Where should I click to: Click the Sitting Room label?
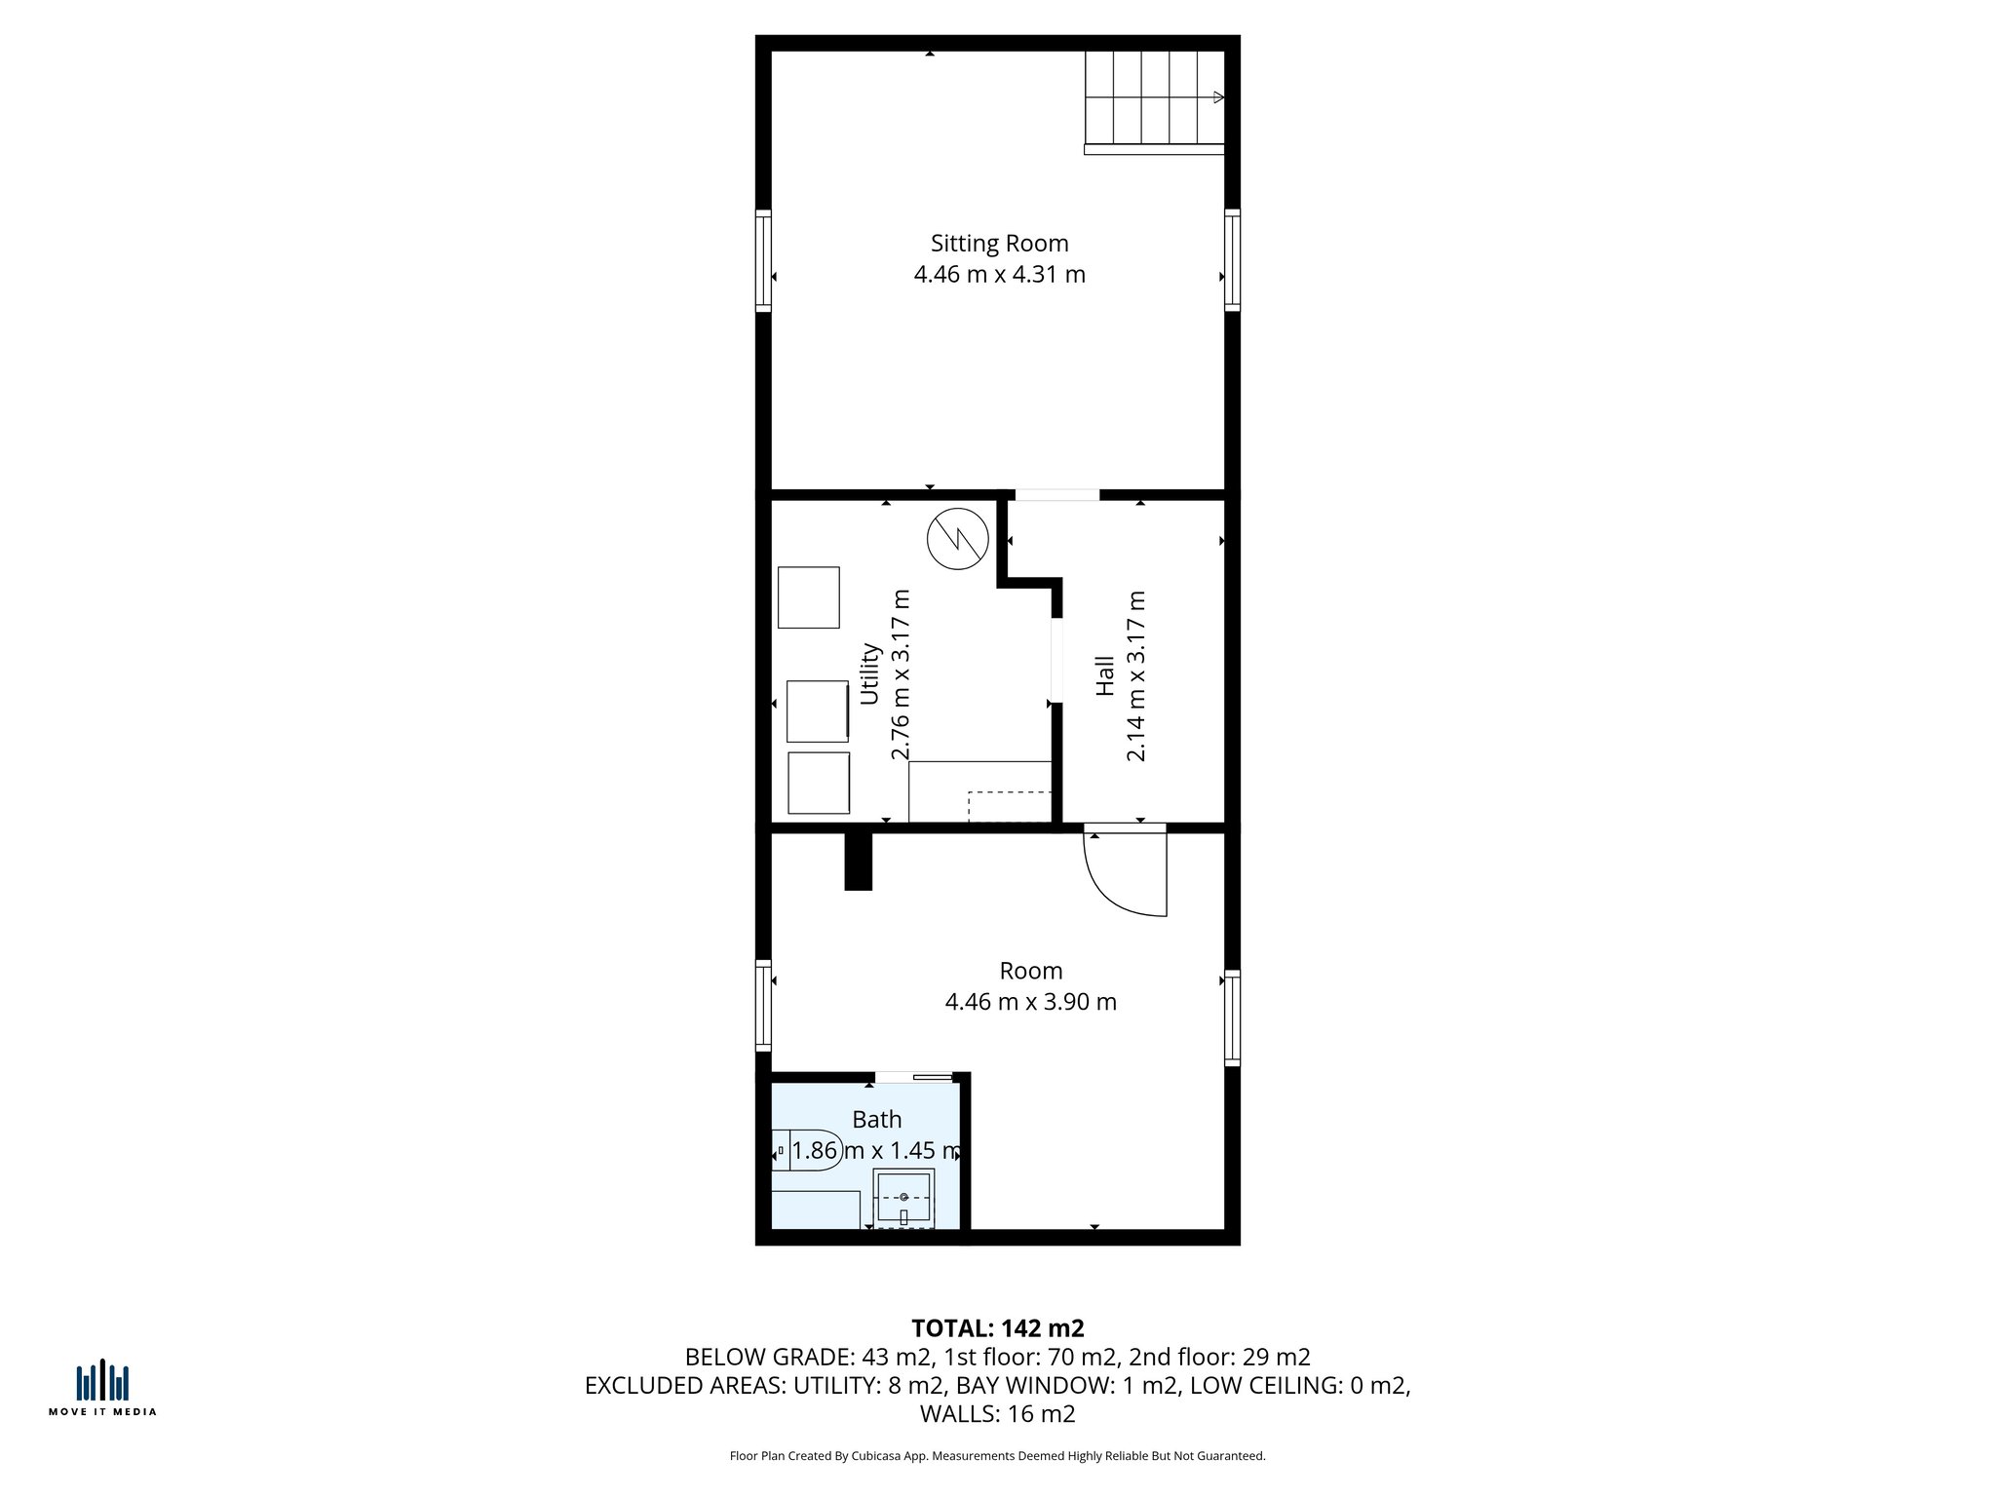coord(999,244)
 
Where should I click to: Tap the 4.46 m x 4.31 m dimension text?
coord(999,275)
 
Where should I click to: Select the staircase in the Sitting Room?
coord(1155,97)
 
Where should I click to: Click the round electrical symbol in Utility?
coord(957,538)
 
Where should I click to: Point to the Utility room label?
coord(869,672)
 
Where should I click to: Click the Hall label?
coord(1104,675)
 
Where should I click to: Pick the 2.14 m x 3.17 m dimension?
coord(1135,675)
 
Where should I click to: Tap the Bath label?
coord(876,1120)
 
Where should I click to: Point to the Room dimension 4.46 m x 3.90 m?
coord(1030,1002)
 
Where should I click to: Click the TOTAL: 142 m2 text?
coord(997,1328)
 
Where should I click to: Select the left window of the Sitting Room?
coord(763,261)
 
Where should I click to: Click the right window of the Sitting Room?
coord(1233,261)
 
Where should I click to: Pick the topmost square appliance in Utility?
coord(808,597)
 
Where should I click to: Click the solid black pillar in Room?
coord(858,861)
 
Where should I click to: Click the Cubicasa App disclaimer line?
coord(997,1456)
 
